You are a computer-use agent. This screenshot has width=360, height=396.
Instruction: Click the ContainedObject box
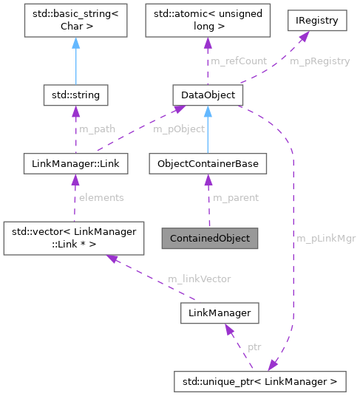pos(210,239)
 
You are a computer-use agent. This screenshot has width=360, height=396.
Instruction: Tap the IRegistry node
pos(317,21)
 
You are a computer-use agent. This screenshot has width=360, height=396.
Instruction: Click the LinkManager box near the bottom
pos(220,314)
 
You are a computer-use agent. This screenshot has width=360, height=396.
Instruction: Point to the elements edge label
pos(101,198)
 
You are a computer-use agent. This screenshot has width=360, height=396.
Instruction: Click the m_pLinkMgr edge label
pos(325,239)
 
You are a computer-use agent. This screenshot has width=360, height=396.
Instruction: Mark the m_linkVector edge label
pos(199,279)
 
